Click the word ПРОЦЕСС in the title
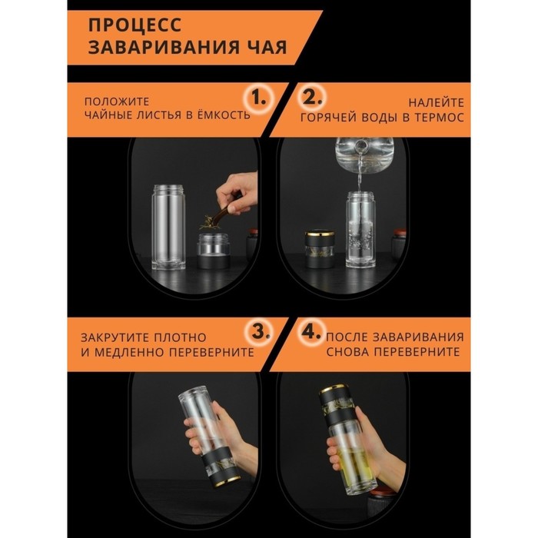pyautogui.click(x=134, y=25)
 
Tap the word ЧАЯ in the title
pyautogui.click(x=269, y=47)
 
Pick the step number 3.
pyautogui.click(x=261, y=332)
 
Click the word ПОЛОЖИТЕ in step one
pyautogui.click(x=117, y=101)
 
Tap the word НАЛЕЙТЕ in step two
pyautogui.click(x=436, y=102)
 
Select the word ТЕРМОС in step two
pyautogui.click(x=439, y=118)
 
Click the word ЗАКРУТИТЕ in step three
pyautogui.click(x=115, y=337)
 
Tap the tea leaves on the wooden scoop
pyautogui.click(x=208, y=222)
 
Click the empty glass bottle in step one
pyautogui.click(x=168, y=227)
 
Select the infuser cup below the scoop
pyautogui.click(x=213, y=251)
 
